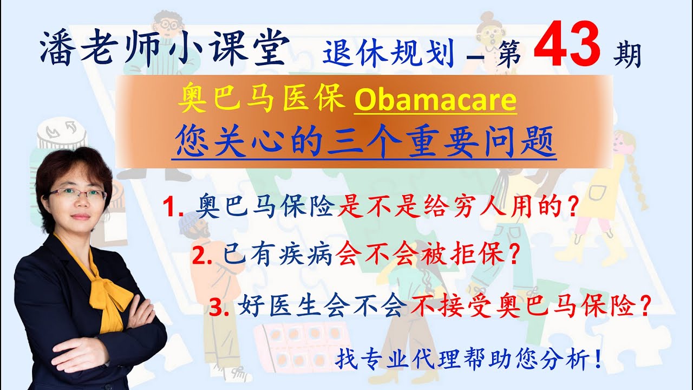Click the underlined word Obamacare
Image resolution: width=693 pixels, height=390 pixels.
pyautogui.click(x=435, y=101)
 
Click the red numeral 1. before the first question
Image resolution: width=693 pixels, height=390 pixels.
pyautogui.click(x=174, y=208)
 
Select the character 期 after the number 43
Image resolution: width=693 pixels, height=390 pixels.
pyautogui.click(x=627, y=55)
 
